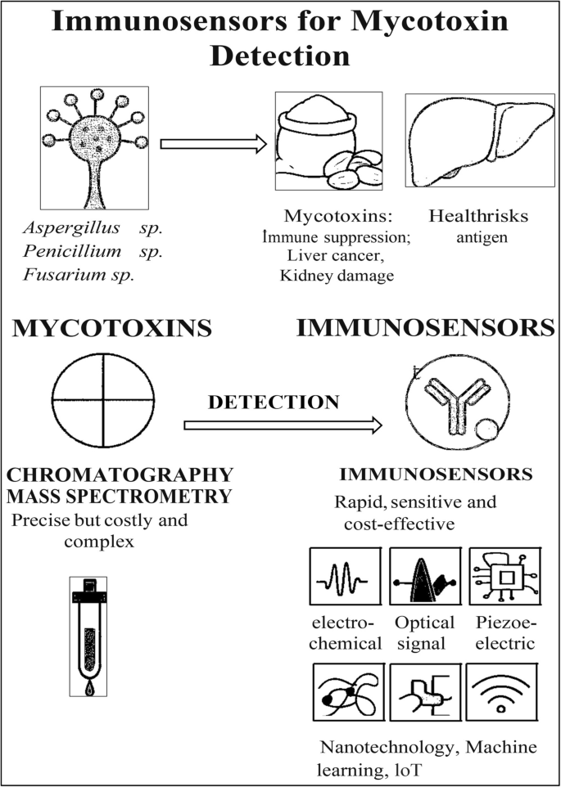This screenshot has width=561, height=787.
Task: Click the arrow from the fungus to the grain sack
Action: click(214, 144)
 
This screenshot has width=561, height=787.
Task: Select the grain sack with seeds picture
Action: click(329, 141)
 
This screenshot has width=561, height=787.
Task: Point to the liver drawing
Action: click(480, 140)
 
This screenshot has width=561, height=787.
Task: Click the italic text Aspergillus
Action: click(71, 228)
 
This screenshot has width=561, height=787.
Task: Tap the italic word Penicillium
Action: click(72, 251)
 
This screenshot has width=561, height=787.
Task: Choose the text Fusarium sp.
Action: click(79, 275)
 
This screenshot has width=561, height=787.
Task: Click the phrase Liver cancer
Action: click(336, 256)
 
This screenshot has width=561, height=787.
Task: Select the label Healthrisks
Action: click(478, 216)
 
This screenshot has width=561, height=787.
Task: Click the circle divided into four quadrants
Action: click(103, 400)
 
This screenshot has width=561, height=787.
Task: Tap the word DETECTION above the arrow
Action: click(274, 402)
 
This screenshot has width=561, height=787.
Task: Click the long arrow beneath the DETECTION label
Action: click(283, 425)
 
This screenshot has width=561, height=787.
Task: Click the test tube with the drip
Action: click(88, 636)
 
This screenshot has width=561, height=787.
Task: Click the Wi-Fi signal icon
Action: click(500, 691)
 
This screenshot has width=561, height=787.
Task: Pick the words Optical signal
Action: click(424, 633)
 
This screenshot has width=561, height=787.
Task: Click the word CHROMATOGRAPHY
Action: click(120, 474)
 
